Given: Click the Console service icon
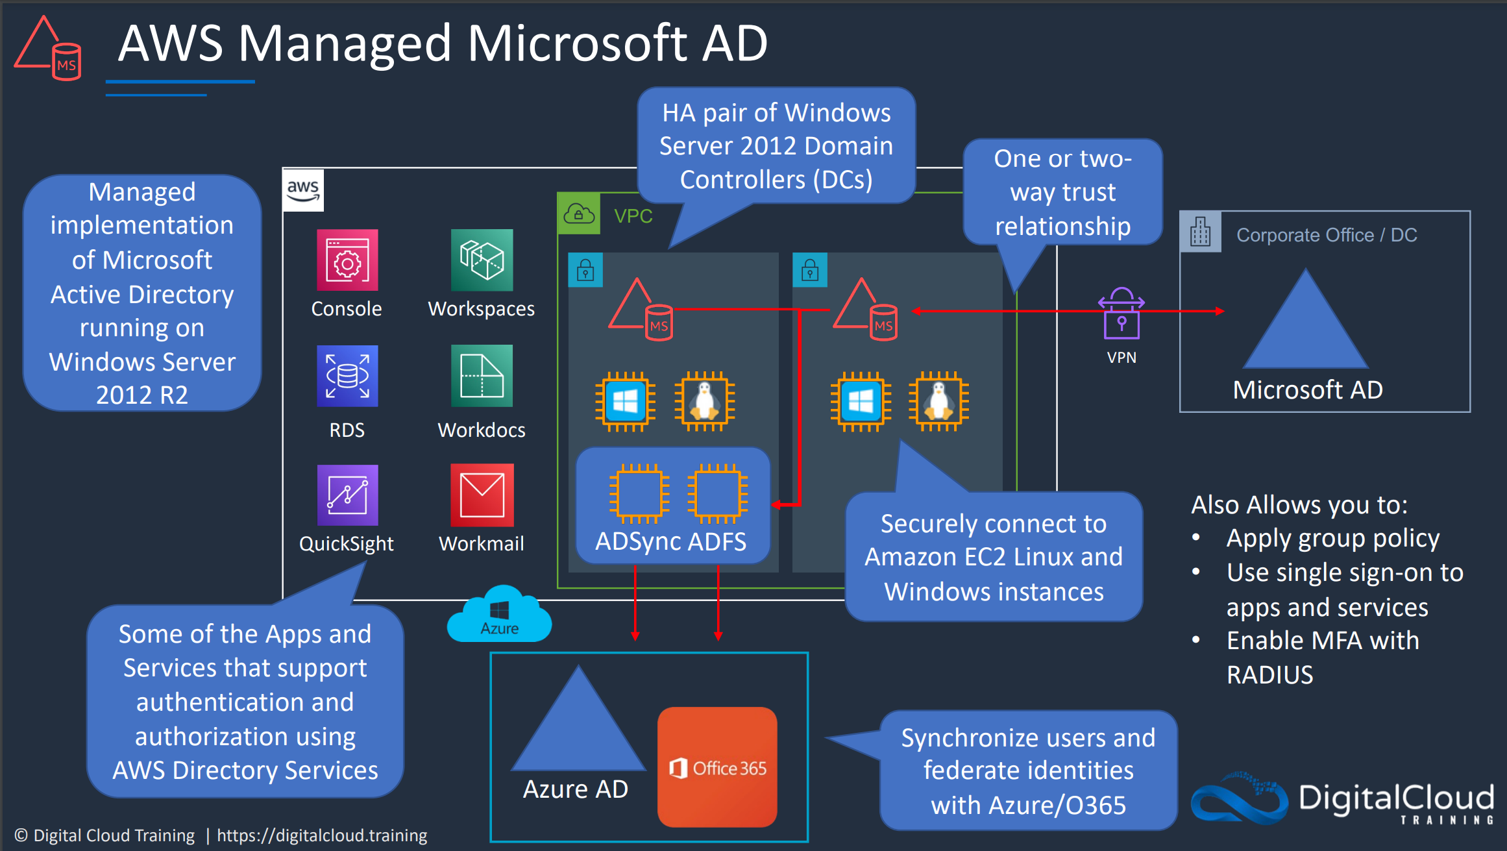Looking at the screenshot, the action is tap(347, 260).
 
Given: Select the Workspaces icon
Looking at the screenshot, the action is tap(482, 260).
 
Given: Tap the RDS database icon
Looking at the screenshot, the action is tap(347, 376).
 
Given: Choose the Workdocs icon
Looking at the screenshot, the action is tap(482, 376).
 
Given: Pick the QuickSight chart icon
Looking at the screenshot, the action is tap(347, 495).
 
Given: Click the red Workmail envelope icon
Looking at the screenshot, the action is tap(482, 495).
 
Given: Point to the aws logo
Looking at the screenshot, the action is tap(303, 190).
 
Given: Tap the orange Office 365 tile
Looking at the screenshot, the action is tap(717, 767).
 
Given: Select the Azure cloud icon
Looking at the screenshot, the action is tap(499, 615).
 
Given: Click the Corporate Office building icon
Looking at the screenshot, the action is tap(1201, 232).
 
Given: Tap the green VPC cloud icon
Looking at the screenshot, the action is tap(579, 214).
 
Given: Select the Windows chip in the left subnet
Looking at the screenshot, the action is tap(625, 402).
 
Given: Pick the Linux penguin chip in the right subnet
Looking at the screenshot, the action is tap(938, 402).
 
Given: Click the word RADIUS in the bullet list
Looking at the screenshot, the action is tap(1269, 675).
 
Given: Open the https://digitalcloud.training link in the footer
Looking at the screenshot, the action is tap(322, 835).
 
